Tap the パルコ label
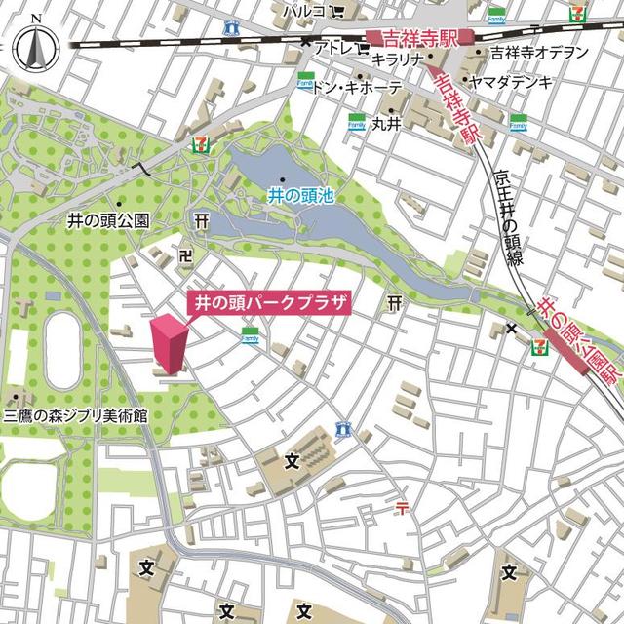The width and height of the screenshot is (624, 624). coord(304,11)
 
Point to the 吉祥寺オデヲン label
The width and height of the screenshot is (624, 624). coord(539,52)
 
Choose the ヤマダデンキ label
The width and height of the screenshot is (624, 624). coord(511,81)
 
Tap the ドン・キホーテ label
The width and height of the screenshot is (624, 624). coord(356,88)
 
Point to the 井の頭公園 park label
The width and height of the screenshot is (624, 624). coord(108,221)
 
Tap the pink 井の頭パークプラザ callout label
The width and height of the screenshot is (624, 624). coord(267,303)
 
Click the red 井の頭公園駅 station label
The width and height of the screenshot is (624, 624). coord(581,344)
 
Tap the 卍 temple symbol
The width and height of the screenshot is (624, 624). coord(186,254)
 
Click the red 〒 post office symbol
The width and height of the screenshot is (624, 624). coord(403,506)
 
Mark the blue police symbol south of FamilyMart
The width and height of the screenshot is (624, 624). coord(342,428)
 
